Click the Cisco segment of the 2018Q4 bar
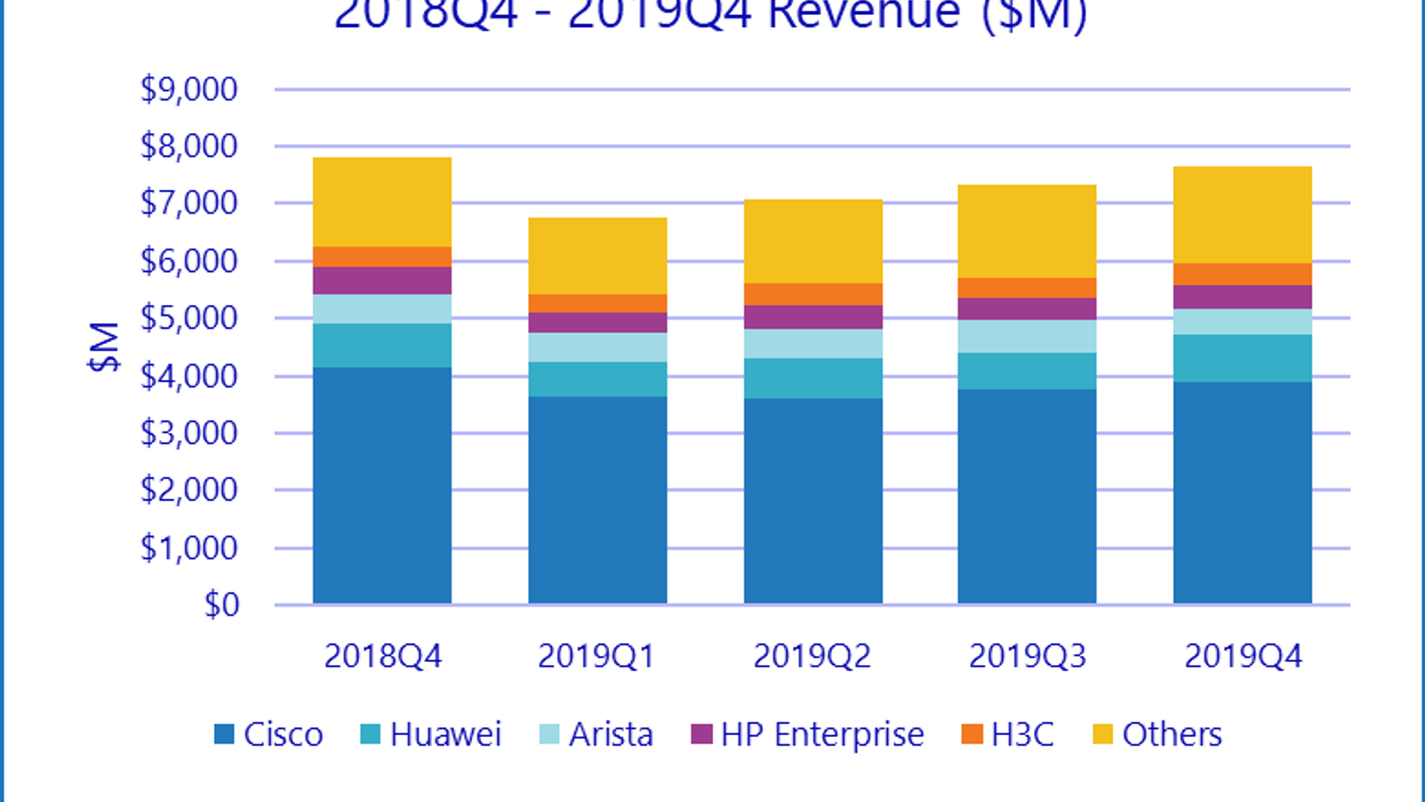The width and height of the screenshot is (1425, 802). coord(382,486)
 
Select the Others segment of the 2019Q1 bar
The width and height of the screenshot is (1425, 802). coord(598,256)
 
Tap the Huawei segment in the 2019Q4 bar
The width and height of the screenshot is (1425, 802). coord(1242,358)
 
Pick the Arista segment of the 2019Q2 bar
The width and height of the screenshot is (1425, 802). coord(813,344)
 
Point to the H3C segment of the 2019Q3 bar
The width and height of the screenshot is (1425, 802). coord(1027,288)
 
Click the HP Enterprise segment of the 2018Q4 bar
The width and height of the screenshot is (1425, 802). coord(382,281)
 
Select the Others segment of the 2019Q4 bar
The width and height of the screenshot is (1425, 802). coord(1242,215)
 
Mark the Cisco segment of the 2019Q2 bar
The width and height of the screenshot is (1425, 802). coord(813,501)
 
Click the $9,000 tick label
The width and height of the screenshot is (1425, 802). coord(189,89)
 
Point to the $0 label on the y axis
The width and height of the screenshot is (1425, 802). coord(222,605)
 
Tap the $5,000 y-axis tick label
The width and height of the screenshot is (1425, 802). coord(189,318)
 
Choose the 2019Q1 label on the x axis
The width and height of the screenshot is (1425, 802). coord(597,657)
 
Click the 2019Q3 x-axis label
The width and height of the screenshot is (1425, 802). coord(1028,657)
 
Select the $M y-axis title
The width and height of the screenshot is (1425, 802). coord(104,347)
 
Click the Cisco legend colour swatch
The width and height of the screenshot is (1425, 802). coord(224,734)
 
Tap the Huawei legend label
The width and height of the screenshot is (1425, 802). coord(445,734)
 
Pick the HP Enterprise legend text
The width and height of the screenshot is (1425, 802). coord(822,734)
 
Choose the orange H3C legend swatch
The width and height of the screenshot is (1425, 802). coord(972,734)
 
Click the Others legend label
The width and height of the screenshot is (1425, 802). coord(1172,734)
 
